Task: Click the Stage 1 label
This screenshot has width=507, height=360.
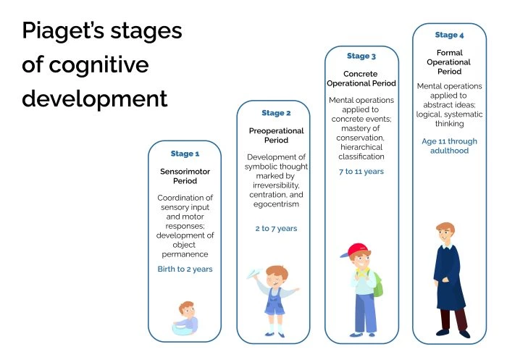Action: [x=184, y=154]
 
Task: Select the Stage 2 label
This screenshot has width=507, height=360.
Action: [x=276, y=113]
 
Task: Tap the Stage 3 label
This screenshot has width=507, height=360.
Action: [x=361, y=56]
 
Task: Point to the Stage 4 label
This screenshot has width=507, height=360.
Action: [x=449, y=35]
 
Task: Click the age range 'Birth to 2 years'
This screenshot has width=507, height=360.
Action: [x=184, y=269]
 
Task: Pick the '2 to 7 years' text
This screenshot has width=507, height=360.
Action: [x=275, y=228]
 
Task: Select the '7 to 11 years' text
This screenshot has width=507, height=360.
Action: [x=361, y=172]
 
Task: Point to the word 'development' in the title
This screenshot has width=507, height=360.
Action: [x=94, y=97]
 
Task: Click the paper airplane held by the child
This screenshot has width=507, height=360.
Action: [x=252, y=275]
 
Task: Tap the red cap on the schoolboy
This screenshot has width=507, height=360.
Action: [x=357, y=251]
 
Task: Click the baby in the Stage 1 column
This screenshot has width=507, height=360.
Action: [x=185, y=317]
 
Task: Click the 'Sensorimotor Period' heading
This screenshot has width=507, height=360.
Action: [x=184, y=176]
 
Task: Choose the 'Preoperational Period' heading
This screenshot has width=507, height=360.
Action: [x=276, y=135]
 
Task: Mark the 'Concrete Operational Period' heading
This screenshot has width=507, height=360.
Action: [x=361, y=78]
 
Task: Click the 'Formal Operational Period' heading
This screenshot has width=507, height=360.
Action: [x=449, y=62]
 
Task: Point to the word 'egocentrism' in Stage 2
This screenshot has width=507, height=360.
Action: [x=276, y=204]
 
